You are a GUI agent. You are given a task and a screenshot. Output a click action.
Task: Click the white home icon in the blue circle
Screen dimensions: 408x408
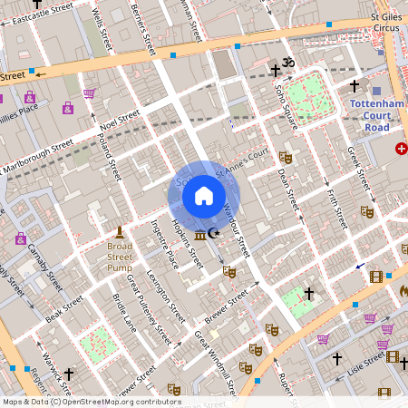(x=204, y=196)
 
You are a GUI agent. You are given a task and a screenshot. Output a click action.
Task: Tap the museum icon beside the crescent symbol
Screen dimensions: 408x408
(x=199, y=236)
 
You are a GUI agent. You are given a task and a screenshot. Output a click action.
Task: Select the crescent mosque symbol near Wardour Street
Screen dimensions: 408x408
(x=214, y=234)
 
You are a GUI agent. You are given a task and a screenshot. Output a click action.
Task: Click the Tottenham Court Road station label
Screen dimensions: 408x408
(x=375, y=115)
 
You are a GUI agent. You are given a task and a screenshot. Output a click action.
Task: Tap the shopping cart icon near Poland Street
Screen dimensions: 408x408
(x=89, y=92)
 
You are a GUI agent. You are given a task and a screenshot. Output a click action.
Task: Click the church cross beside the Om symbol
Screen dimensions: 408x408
(x=276, y=70)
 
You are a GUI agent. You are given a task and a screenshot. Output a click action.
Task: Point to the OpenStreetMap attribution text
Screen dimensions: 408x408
(x=91, y=402)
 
